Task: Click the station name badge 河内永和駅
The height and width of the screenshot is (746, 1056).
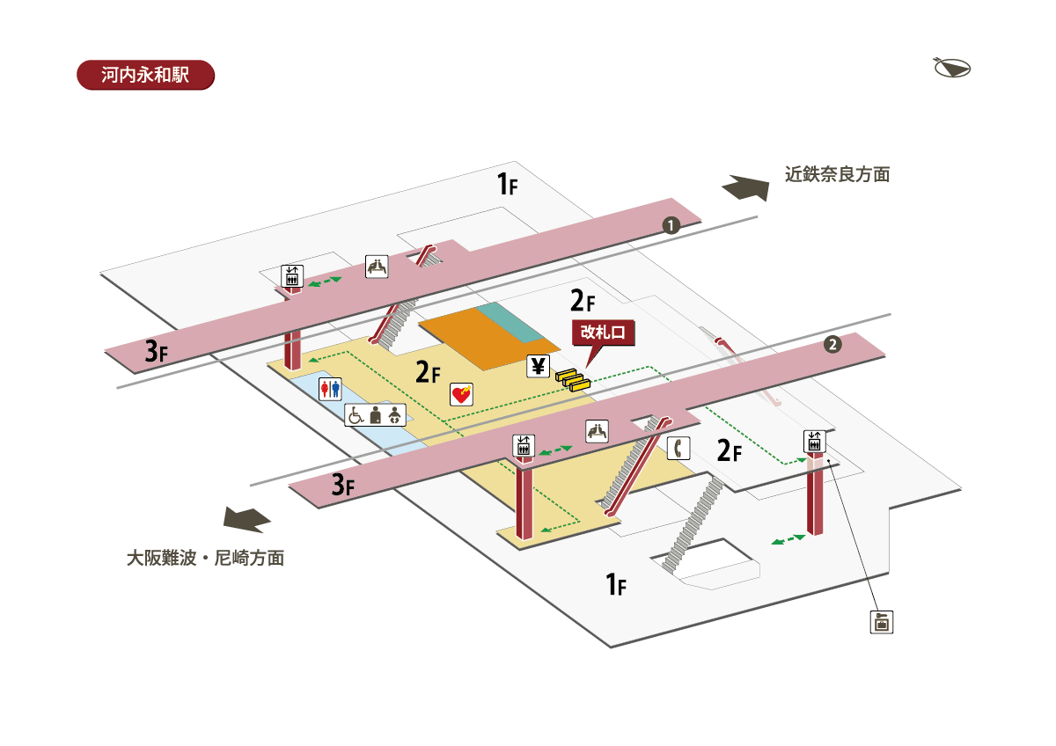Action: click(x=145, y=74)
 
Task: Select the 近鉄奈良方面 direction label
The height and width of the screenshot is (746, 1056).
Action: click(x=837, y=174)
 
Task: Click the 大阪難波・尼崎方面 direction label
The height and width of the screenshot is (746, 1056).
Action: click(x=205, y=558)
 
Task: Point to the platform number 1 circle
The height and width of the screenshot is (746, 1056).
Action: click(x=671, y=225)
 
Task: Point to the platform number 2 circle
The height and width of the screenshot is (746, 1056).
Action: click(x=832, y=344)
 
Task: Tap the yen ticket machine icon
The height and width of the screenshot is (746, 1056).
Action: click(x=538, y=365)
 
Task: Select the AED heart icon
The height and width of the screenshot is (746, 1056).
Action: click(x=461, y=394)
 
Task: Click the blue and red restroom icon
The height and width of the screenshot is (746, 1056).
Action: click(x=330, y=389)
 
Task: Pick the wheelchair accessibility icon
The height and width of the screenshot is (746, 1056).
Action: click(x=356, y=415)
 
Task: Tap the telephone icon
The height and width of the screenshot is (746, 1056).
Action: click(x=677, y=448)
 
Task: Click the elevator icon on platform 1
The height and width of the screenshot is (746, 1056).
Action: click(x=292, y=275)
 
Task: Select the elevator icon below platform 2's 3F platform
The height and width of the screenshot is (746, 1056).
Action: click(x=524, y=445)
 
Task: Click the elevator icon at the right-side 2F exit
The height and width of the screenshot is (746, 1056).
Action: click(x=814, y=442)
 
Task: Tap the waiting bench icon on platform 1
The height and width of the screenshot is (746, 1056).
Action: click(x=377, y=266)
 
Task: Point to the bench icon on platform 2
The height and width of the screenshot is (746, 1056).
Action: click(x=598, y=430)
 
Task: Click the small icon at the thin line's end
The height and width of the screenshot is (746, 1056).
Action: click(x=880, y=622)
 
